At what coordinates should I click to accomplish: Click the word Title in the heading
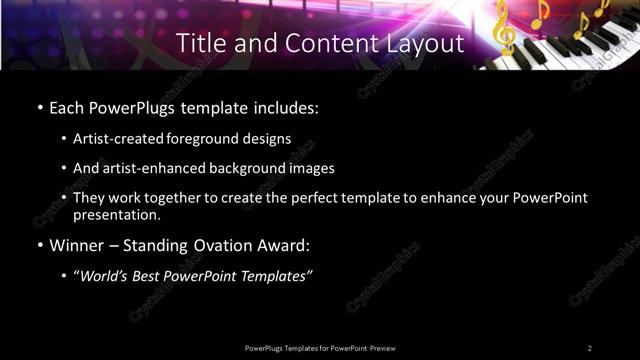[x=200, y=44]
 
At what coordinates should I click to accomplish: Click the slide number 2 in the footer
[x=589, y=348]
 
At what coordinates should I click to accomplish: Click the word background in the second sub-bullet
[x=251, y=168]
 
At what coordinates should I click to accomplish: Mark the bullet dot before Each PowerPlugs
[x=40, y=107]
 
